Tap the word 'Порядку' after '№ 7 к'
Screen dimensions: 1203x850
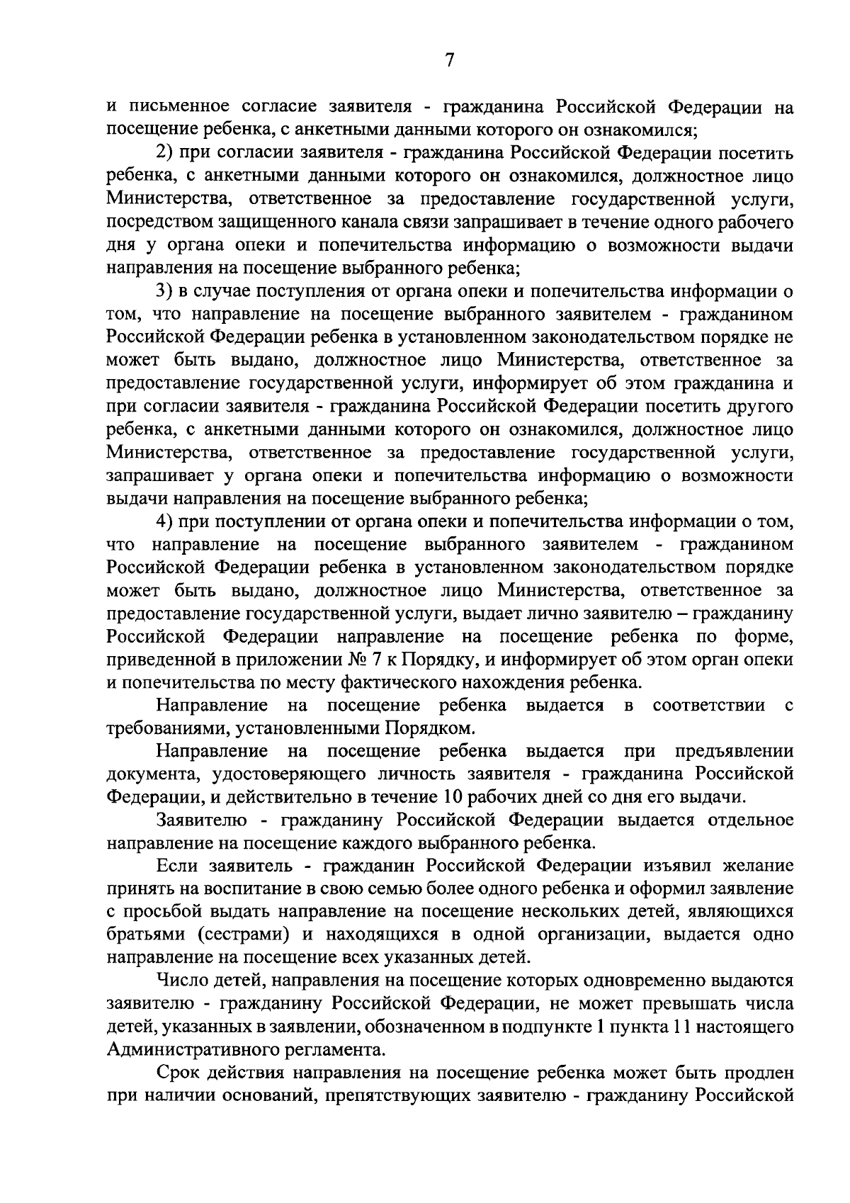(438, 660)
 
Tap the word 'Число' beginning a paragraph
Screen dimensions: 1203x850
(182, 981)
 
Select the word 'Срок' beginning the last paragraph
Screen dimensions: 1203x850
(179, 1073)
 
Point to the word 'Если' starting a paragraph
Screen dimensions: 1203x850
(178, 866)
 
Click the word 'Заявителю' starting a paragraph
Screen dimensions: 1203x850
(202, 820)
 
